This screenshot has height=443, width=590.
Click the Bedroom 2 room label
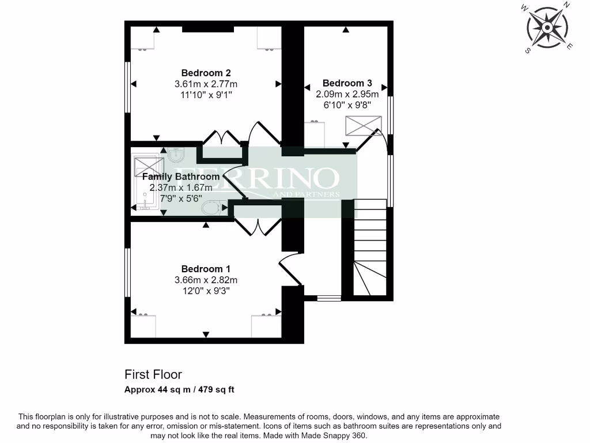(x=206, y=73)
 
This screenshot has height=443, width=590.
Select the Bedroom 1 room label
(x=206, y=269)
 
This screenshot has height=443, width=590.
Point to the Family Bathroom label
(x=181, y=177)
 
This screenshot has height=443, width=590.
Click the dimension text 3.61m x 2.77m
(x=206, y=84)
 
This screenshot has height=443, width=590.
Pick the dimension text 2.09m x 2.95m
(x=347, y=94)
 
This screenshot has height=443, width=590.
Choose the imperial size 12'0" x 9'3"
(x=206, y=291)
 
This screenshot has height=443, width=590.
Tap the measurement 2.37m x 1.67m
(x=181, y=187)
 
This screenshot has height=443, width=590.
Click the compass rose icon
(x=546, y=27)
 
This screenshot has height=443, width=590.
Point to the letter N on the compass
(x=566, y=6)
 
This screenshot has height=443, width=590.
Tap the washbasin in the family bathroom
(x=176, y=155)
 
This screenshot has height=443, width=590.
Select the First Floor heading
(x=153, y=375)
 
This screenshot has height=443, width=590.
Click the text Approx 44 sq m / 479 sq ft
(x=179, y=389)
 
